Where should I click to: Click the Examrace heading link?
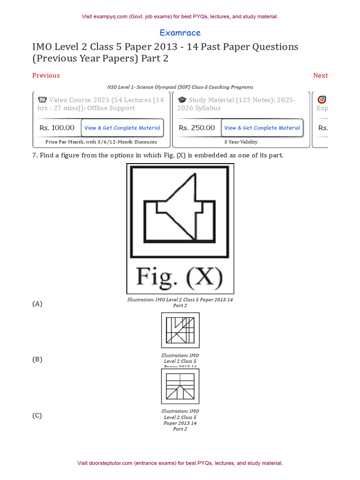click(x=180, y=33)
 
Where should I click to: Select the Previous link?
click(x=46, y=75)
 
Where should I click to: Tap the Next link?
click(x=320, y=75)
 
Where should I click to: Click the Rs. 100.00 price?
click(x=57, y=127)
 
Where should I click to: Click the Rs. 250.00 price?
click(x=197, y=127)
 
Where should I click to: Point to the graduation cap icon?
click(x=182, y=100)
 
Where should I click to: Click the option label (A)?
click(x=37, y=304)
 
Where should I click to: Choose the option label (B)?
click(x=37, y=360)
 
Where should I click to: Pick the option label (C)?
click(x=37, y=415)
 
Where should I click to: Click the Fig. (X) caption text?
click(x=180, y=276)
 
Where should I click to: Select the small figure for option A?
click(x=180, y=330)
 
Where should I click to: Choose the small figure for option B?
click(x=180, y=386)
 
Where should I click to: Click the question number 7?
click(x=34, y=155)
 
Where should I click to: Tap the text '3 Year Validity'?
click(x=241, y=142)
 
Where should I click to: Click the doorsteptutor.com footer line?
click(x=180, y=463)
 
